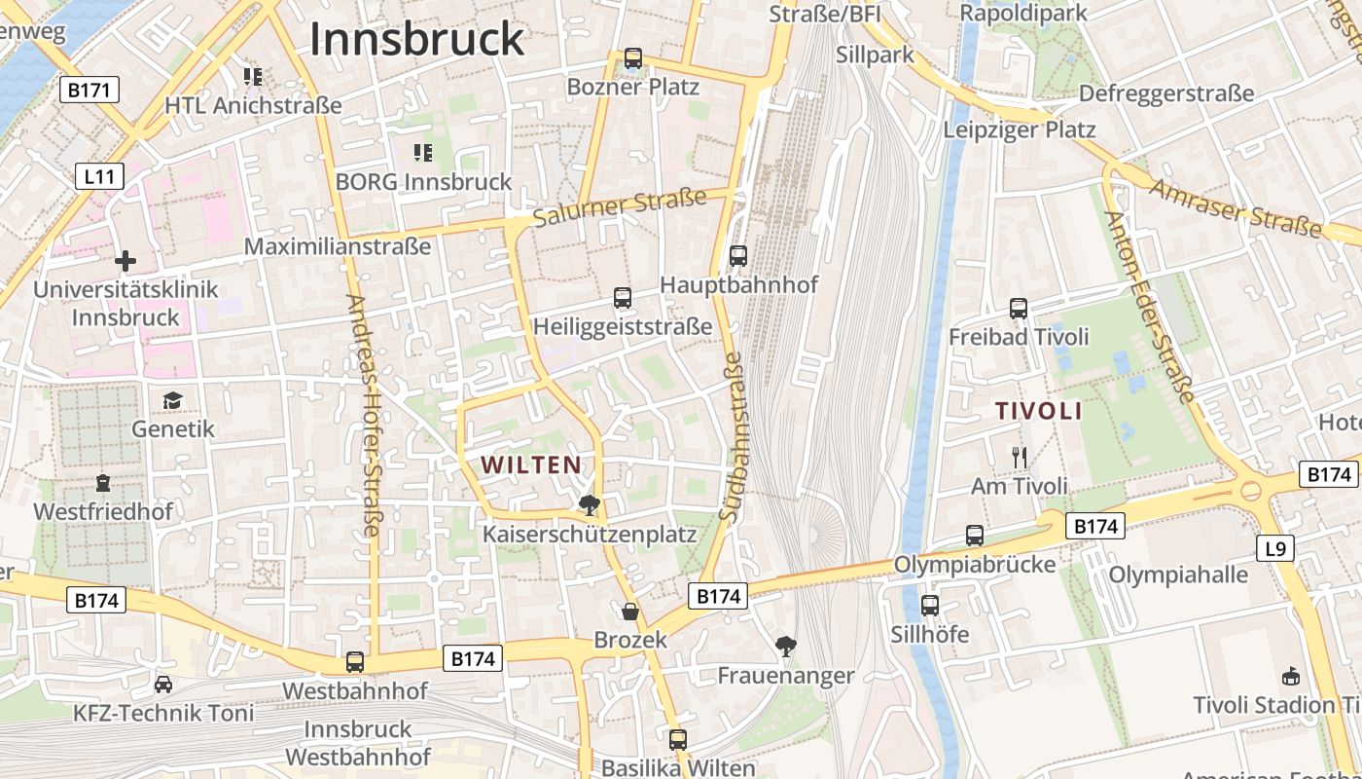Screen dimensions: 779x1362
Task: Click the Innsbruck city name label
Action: coord(416,39)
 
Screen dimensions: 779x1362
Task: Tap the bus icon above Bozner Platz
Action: coord(633,58)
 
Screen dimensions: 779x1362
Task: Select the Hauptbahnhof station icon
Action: coord(738,256)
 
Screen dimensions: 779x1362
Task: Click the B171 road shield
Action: coord(90,91)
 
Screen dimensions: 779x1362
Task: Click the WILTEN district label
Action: coord(531,465)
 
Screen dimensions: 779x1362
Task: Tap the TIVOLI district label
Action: coord(1039,411)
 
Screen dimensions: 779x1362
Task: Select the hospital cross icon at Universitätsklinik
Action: coord(125,261)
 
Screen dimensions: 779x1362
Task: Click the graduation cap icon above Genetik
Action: coord(172,400)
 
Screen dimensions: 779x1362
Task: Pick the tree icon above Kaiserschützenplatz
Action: coord(589,504)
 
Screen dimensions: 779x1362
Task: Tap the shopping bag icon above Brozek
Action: coord(630,612)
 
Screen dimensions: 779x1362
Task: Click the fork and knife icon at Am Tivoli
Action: coord(1020,457)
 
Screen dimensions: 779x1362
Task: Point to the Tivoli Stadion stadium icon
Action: coord(1291,676)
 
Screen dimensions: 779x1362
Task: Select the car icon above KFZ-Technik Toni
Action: coord(163,685)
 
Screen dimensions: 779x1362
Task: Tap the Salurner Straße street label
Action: coord(620,208)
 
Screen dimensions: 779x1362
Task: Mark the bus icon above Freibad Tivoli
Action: coord(1019,309)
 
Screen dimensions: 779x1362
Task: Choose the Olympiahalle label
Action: coord(1178,575)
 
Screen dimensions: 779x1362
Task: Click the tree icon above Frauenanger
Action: coord(786,646)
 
